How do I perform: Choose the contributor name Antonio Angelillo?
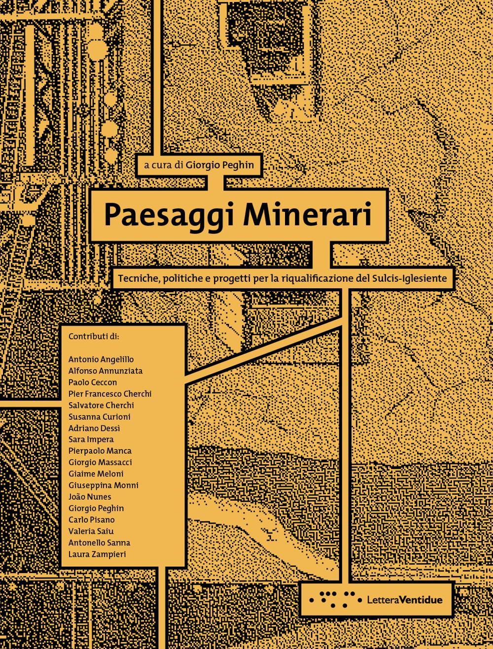[x=101, y=359]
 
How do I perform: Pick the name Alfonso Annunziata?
[x=105, y=371]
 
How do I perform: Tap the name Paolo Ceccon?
[x=93, y=382]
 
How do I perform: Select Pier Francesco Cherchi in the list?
[x=110, y=394]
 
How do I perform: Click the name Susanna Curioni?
[x=100, y=417]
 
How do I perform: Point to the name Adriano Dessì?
[x=94, y=428]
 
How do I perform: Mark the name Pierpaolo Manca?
[x=100, y=451]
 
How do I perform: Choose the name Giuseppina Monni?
[x=103, y=485]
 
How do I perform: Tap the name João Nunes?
[x=90, y=497]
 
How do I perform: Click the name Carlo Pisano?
[x=92, y=519]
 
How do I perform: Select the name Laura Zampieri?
[x=97, y=554]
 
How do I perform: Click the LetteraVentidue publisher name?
[x=405, y=600]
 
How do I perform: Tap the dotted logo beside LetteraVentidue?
[x=332, y=599]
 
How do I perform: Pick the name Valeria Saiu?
[x=91, y=531]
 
